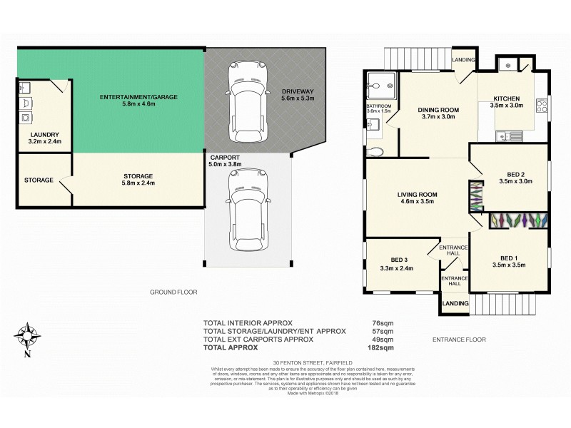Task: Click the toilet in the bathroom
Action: [x=377, y=151]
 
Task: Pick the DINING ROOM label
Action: [x=438, y=109]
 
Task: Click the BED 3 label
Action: [x=399, y=260]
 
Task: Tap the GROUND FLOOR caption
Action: [x=173, y=292]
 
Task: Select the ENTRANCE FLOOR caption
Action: [x=459, y=340]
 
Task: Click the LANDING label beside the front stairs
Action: [x=454, y=304]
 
